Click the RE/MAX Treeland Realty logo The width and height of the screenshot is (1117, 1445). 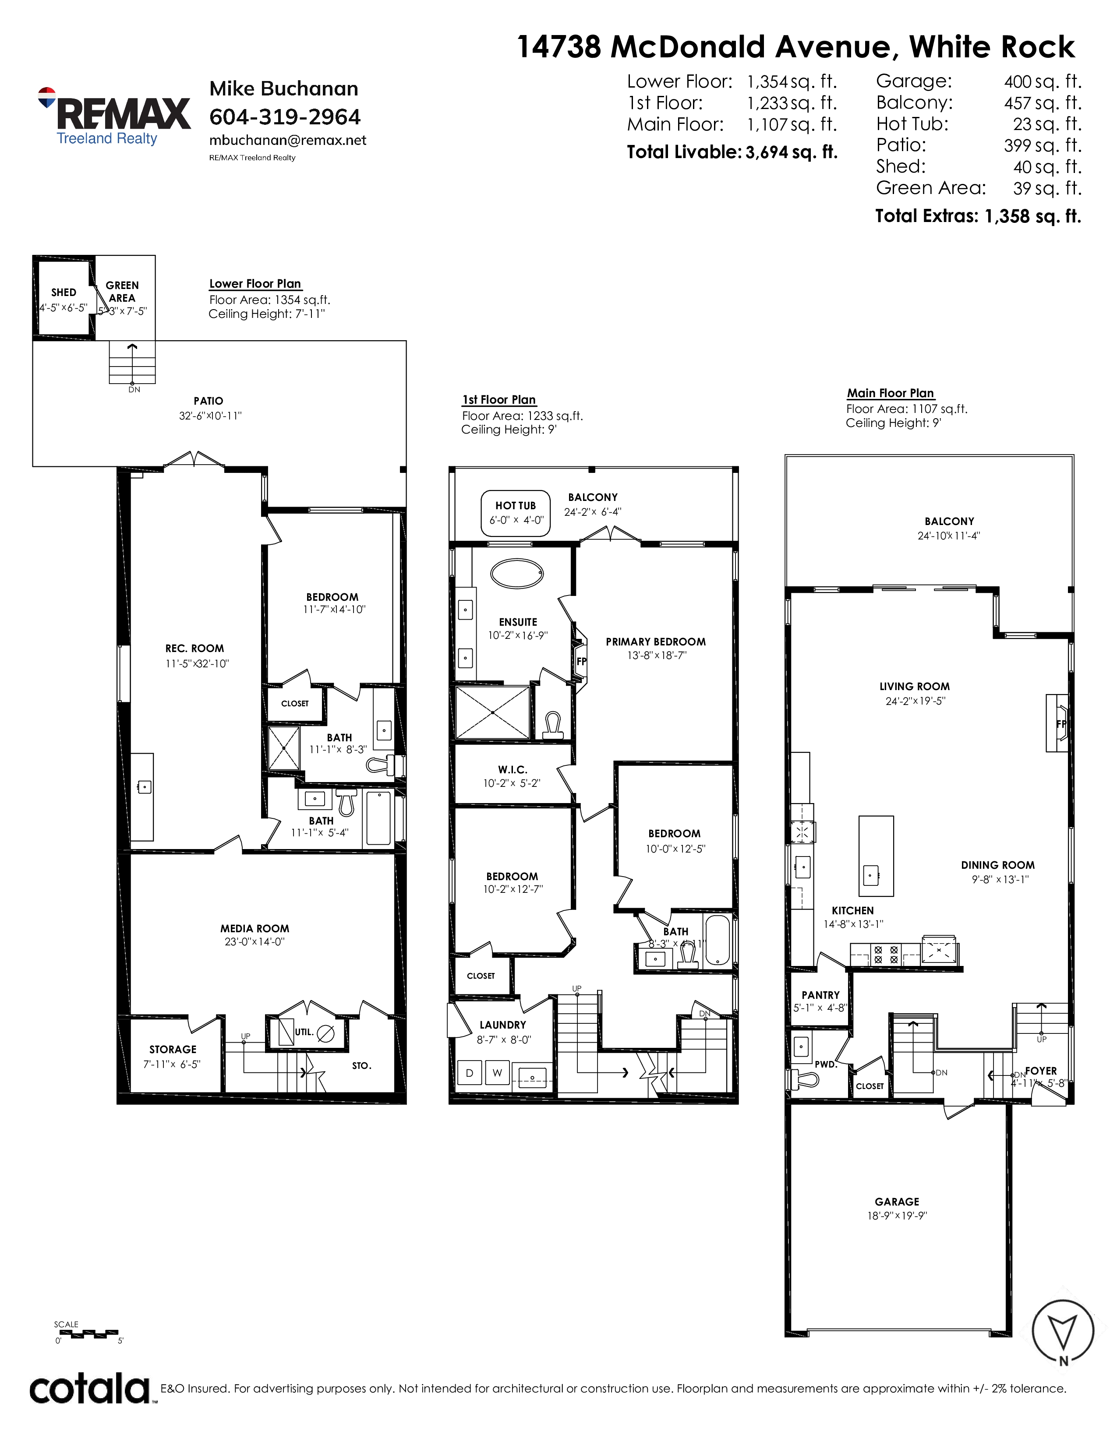pyautogui.click(x=114, y=116)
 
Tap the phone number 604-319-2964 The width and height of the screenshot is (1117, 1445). pyautogui.click(x=285, y=116)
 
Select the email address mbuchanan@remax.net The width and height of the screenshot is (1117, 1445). pyautogui.click(x=288, y=140)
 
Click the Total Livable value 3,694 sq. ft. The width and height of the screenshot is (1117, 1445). pyautogui.click(x=792, y=152)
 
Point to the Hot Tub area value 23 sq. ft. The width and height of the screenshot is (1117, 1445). pyautogui.click(x=1047, y=124)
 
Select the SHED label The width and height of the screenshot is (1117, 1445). pyautogui.click(x=64, y=293)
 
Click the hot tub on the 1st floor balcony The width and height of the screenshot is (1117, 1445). pyautogui.click(x=516, y=513)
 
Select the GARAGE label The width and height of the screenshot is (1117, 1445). pyautogui.click(x=897, y=1202)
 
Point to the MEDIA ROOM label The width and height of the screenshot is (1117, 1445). pyautogui.click(x=255, y=928)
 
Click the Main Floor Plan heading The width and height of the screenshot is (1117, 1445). pyautogui.click(x=890, y=393)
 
